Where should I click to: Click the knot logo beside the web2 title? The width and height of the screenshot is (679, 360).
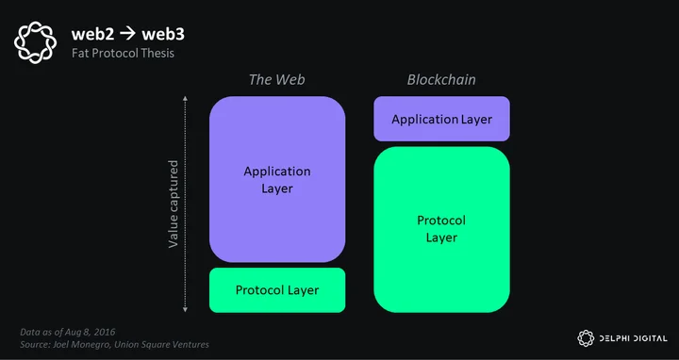(35, 42)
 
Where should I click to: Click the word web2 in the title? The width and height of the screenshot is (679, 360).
(92, 34)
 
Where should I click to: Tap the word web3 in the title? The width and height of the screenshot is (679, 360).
(163, 34)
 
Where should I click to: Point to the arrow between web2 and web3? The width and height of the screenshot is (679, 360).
(127, 34)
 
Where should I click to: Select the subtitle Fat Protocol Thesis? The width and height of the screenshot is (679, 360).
(123, 53)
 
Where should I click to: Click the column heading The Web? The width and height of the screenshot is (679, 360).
(276, 79)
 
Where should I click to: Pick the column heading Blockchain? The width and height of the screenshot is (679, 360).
(441, 79)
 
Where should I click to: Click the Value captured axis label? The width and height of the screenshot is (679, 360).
(174, 204)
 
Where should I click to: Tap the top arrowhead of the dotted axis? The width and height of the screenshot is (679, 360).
(186, 99)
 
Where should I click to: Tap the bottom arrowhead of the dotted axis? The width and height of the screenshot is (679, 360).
(186, 309)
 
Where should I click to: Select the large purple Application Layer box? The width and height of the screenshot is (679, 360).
(277, 179)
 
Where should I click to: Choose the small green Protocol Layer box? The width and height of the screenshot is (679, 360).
(277, 290)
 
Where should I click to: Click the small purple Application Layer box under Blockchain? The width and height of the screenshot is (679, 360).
(441, 119)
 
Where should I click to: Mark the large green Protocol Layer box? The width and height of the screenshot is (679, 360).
(441, 229)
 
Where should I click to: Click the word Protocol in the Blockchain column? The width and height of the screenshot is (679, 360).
(441, 221)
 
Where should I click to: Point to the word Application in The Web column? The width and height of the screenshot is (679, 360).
(277, 172)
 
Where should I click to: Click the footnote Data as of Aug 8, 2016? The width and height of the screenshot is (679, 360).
(68, 333)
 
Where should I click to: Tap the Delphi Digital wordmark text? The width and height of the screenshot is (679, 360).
(633, 338)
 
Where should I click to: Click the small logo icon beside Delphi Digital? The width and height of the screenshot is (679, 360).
(586, 338)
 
